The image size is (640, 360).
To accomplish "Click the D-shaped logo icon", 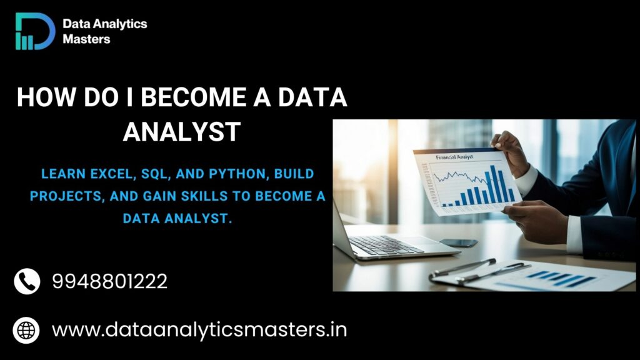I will (35, 31).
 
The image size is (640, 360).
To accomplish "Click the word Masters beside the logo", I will (87, 39).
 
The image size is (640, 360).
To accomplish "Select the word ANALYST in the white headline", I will (182, 132).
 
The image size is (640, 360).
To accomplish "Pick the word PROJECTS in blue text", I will (61, 196).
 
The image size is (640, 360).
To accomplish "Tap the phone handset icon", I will (27, 281).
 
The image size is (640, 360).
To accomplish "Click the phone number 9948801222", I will (110, 281).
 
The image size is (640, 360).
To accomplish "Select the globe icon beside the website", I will (27, 329).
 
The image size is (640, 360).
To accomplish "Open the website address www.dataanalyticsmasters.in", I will (199, 329).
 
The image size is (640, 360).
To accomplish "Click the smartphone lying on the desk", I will (458, 242).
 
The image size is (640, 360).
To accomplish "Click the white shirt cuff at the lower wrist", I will (574, 234).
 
